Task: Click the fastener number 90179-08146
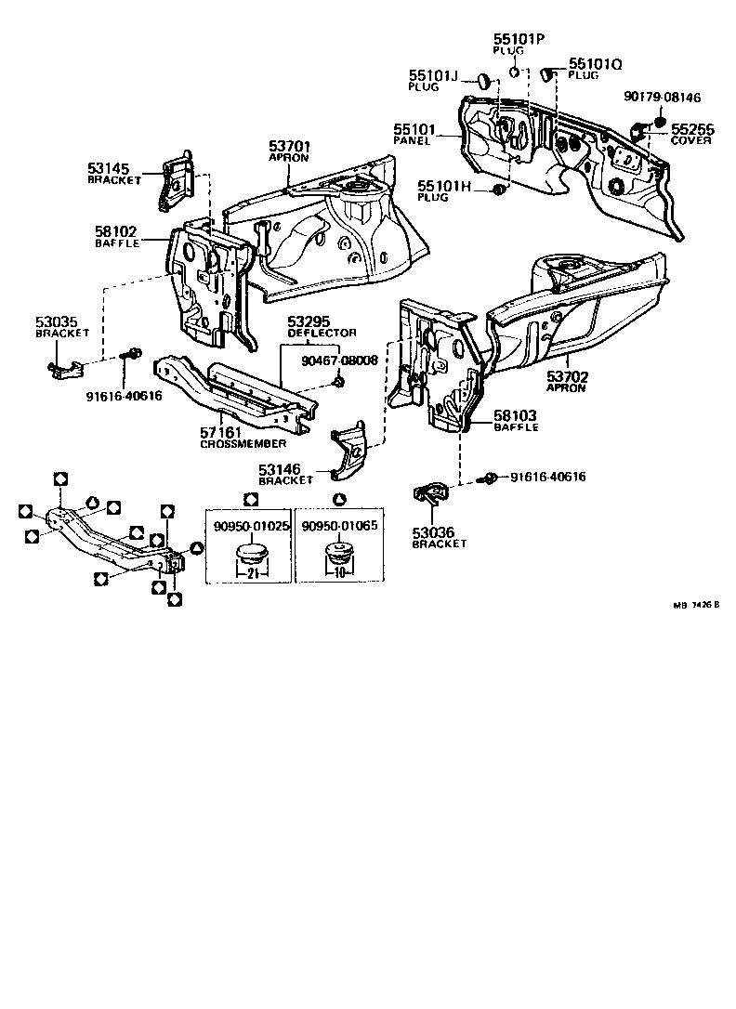click(662, 97)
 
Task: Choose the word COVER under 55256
click(691, 140)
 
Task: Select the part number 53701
click(290, 146)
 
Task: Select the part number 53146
click(283, 470)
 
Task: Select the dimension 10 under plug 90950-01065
click(339, 572)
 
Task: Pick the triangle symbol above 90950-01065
click(339, 500)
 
